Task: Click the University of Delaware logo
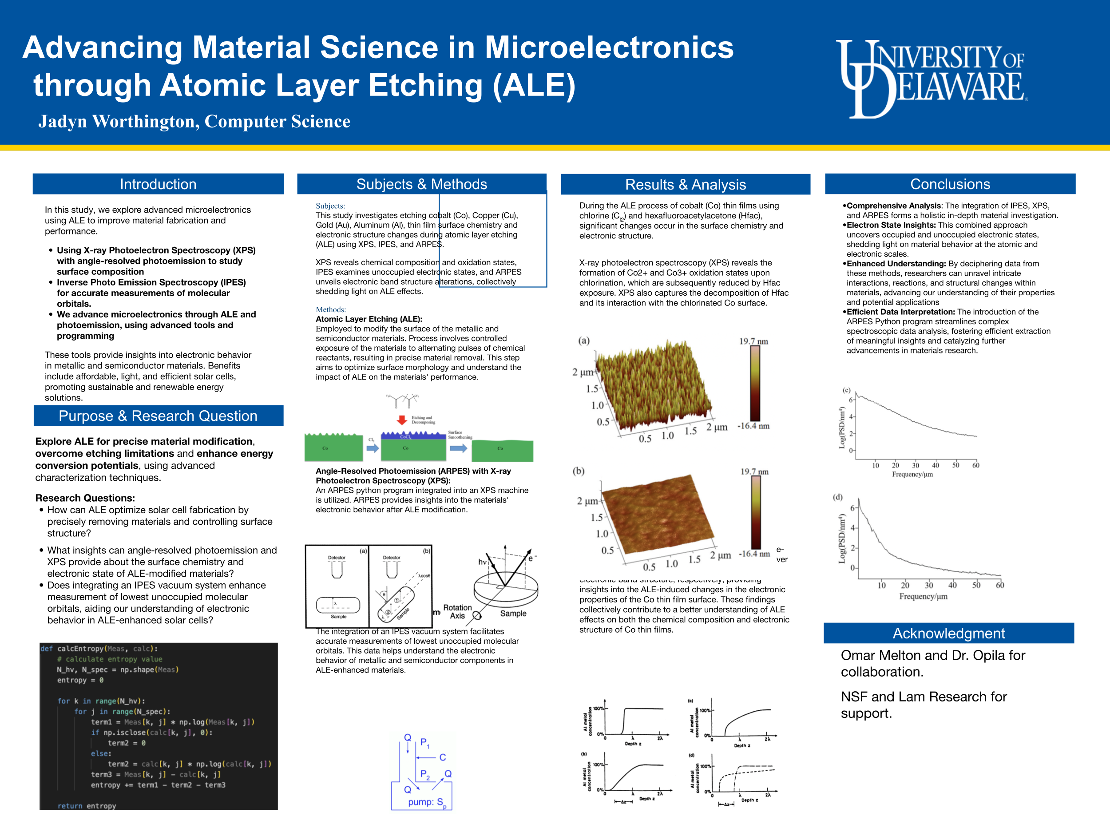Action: (931, 79)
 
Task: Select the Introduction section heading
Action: (158, 184)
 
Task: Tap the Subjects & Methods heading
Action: (421, 184)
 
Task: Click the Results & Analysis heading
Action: (685, 185)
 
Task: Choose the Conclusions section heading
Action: (950, 184)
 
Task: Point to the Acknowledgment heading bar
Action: (948, 634)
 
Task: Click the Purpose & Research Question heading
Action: (158, 416)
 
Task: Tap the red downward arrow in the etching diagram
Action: (402, 420)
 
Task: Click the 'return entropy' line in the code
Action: (87, 806)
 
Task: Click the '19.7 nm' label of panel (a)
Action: (753, 341)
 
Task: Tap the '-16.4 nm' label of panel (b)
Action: (754, 554)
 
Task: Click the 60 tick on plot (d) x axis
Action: (1000, 585)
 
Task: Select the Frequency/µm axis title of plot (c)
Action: (912, 475)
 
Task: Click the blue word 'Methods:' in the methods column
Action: (331, 310)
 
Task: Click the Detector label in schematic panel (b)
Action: (391, 558)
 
